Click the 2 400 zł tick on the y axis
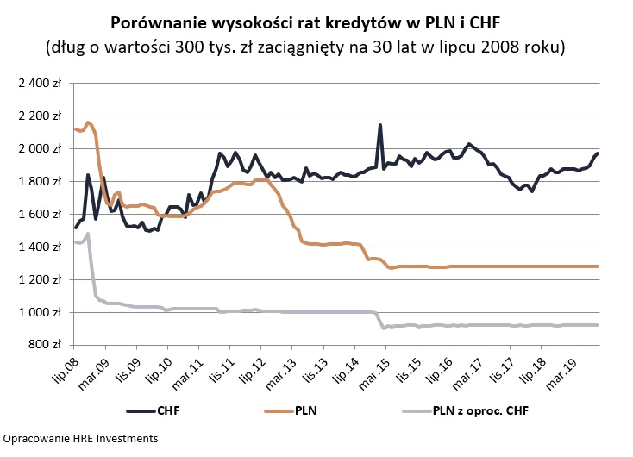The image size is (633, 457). coord(41,84)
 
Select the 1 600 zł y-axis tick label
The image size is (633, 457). coord(41,215)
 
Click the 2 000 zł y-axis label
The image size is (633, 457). coord(41,149)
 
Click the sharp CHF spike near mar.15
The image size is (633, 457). coord(380,126)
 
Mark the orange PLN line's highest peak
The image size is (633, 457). coord(88,122)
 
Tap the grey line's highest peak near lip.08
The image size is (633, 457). coord(88,234)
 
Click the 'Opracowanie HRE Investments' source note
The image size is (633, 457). coord(79,439)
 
